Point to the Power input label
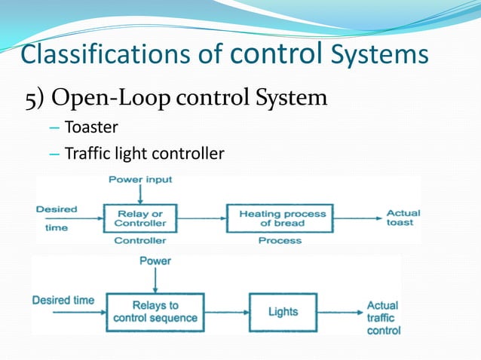(140, 180)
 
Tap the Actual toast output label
(403, 218)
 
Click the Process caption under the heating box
(280, 241)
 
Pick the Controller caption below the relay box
(139, 241)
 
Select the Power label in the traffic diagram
(155, 261)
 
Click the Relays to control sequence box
(155, 311)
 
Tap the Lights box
(283, 311)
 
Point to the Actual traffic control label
(383, 318)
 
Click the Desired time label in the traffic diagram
(63, 300)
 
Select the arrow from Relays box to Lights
(227, 311)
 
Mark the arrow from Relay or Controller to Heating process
(201, 218)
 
